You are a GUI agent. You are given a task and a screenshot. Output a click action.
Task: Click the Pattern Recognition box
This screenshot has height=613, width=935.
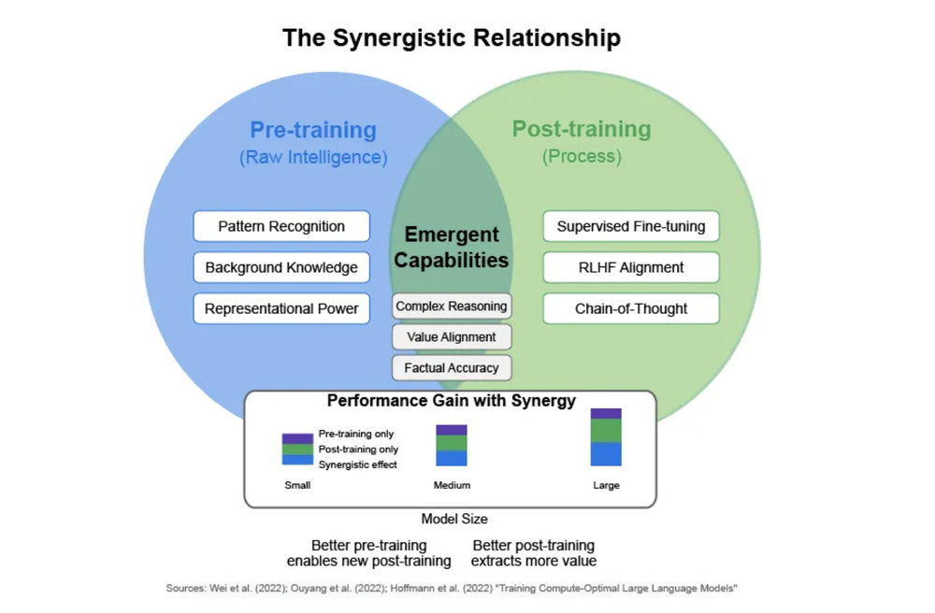click(281, 226)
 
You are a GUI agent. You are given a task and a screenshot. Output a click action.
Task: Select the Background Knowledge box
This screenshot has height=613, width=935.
click(281, 267)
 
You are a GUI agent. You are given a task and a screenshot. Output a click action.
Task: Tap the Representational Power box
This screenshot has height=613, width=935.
click(281, 308)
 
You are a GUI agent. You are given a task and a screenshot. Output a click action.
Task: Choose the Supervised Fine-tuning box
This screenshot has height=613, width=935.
click(631, 226)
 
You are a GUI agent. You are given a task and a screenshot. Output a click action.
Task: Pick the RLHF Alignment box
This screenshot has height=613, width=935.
click(631, 267)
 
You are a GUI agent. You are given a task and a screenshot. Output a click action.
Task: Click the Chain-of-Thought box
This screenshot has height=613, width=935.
click(631, 308)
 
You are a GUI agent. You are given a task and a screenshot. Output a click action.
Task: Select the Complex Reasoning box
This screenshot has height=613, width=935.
click(452, 306)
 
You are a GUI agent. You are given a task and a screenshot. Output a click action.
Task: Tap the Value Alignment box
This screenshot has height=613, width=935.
click(452, 336)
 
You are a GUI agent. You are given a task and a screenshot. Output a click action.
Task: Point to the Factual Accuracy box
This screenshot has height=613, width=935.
click(452, 368)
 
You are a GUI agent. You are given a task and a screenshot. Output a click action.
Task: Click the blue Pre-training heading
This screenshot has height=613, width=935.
click(312, 130)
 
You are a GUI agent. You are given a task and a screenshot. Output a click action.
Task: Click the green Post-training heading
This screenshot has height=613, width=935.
click(581, 130)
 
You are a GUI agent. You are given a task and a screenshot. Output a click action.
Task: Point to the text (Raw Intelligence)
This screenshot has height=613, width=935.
click(312, 157)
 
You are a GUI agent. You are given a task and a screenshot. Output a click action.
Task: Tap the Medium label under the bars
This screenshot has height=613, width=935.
click(452, 486)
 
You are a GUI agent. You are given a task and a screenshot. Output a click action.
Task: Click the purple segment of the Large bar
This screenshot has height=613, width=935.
click(606, 413)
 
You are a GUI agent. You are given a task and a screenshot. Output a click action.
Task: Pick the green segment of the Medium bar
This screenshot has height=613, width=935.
click(452, 443)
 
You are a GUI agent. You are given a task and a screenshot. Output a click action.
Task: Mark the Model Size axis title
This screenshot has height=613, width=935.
click(453, 519)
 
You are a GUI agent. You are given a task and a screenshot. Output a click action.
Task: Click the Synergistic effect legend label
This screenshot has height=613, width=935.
click(358, 464)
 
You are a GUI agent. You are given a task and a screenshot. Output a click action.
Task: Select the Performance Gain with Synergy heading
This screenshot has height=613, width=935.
click(451, 402)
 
